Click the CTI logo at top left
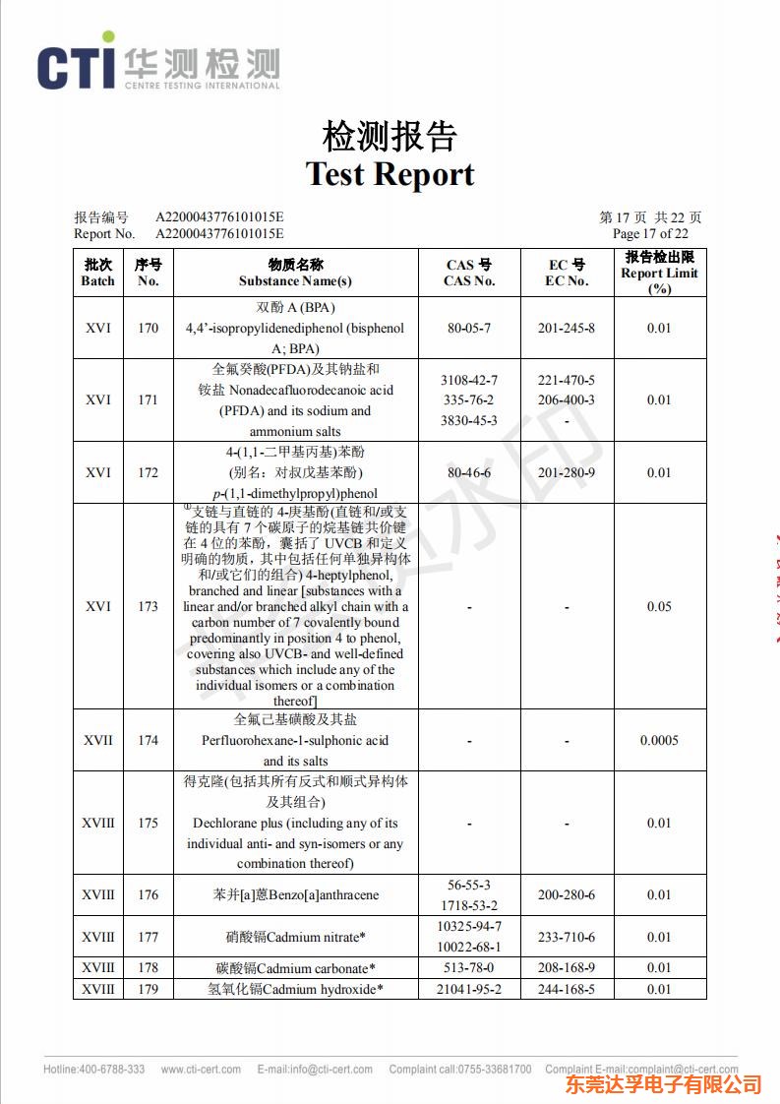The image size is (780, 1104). [157, 66]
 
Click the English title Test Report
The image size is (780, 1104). [390, 174]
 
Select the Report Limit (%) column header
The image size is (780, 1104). [659, 273]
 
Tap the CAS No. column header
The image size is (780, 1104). [469, 273]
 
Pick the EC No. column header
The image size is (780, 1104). [567, 273]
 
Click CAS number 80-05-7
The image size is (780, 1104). [469, 328]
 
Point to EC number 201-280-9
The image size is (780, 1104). [567, 472]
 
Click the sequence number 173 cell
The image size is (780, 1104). [148, 606]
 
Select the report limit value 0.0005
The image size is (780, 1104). [659, 740]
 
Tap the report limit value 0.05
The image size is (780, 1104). [659, 606]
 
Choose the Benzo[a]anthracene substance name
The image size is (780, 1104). [295, 894]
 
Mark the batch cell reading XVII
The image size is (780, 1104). [97, 740]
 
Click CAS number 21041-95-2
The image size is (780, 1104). [469, 989]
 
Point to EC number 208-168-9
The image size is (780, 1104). [567, 967]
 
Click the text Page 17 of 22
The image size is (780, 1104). [650, 233]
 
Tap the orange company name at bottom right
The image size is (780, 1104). [665, 1084]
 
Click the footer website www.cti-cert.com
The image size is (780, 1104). [201, 1070]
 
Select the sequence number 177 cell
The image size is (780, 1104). [148, 937]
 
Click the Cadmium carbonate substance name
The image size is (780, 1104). [295, 967]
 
